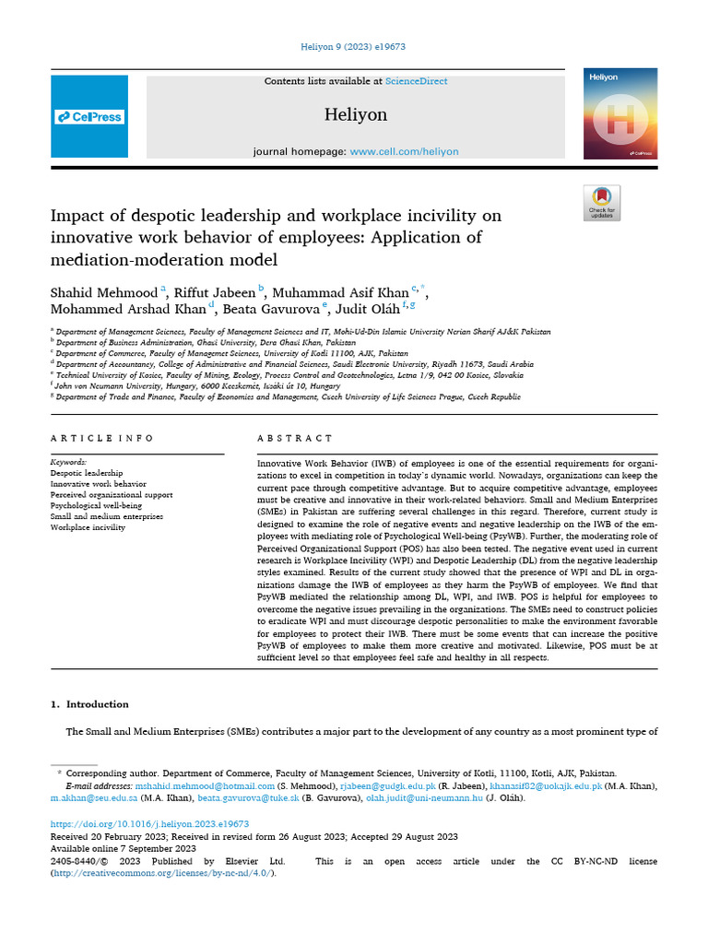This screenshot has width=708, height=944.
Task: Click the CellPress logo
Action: [x=89, y=117]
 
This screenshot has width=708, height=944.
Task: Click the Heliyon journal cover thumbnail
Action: [x=619, y=113]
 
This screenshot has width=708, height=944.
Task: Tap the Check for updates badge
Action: [x=602, y=203]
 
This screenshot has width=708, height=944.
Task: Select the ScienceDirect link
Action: [x=417, y=81]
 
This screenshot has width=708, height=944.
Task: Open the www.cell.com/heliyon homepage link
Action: [x=404, y=151]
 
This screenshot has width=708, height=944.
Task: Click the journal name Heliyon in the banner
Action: [x=356, y=115]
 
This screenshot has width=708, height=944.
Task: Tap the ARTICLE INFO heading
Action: [x=102, y=438]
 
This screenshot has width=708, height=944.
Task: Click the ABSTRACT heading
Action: [x=295, y=438]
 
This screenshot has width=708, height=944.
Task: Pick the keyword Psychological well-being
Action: [x=97, y=505]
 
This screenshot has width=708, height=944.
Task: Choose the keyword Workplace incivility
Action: [x=89, y=527]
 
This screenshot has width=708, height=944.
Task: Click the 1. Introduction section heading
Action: [x=89, y=704]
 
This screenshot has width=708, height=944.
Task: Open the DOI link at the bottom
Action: [x=149, y=824]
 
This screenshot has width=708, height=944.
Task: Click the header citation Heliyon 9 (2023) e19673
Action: [x=354, y=47]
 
